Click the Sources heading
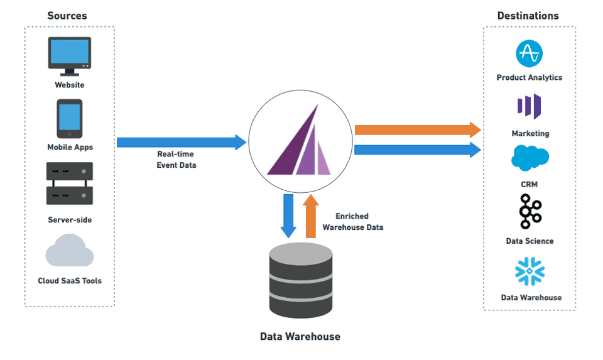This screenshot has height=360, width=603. (x=67, y=15)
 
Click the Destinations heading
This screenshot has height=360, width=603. (x=528, y=16)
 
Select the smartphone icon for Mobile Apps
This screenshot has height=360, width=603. (x=69, y=119)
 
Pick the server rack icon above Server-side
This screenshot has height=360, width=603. (x=69, y=183)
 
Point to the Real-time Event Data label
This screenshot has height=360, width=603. (x=176, y=160)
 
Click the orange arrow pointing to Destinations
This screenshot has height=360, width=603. (x=417, y=130)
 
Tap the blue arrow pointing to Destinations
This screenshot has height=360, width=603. (x=417, y=150)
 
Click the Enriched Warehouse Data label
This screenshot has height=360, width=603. (x=352, y=222)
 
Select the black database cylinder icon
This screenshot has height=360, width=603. (x=300, y=280)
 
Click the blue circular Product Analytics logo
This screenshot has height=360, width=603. (x=529, y=54)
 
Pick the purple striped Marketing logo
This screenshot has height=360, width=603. (x=529, y=106)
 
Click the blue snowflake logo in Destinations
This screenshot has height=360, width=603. (x=530, y=271)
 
